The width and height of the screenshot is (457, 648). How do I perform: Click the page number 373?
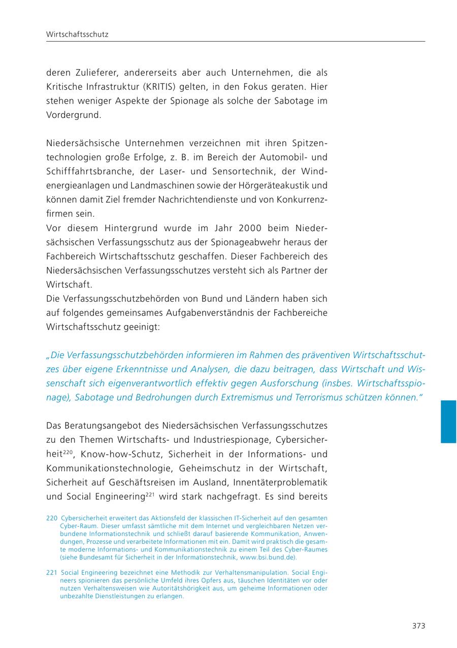[x=418, y=626]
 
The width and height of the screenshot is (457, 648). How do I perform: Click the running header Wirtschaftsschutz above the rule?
[x=77, y=35]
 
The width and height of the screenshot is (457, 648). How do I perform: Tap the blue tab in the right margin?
[x=448, y=422]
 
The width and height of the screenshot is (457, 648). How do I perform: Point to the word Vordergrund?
[x=74, y=115]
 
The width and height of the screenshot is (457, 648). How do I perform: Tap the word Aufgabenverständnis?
[x=203, y=313]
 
